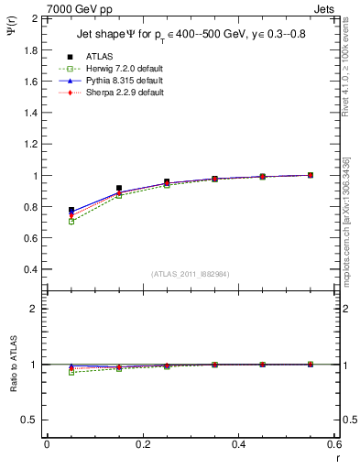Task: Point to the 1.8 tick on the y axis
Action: coord(31,49)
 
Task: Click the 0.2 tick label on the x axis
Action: coord(142,444)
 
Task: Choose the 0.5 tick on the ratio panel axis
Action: coord(31,420)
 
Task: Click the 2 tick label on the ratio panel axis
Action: coord(36,309)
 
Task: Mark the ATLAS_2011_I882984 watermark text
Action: coord(190,274)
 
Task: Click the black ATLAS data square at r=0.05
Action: coord(71,211)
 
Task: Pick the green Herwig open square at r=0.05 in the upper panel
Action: coord(71,222)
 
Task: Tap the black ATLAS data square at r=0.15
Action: coord(119,188)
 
